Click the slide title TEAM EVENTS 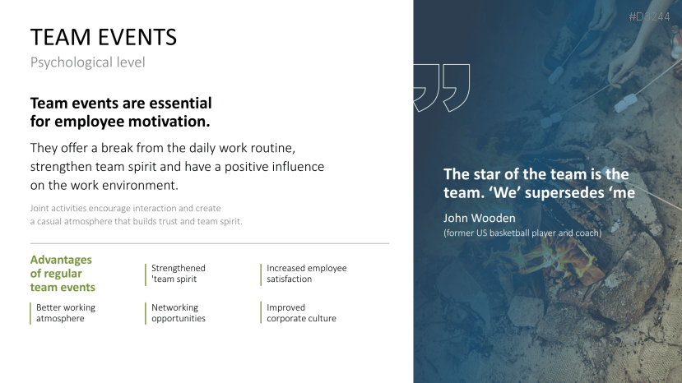(x=104, y=37)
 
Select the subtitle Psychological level (x=87, y=62)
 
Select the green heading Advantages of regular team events (x=63, y=274)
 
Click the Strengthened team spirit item (x=179, y=274)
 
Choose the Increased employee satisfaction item (x=307, y=274)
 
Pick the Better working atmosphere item (x=66, y=313)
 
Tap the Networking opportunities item (x=179, y=313)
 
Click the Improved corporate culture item (x=301, y=313)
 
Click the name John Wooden (x=480, y=218)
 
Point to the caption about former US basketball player (x=522, y=233)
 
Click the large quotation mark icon (x=442, y=88)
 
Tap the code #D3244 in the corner (x=649, y=17)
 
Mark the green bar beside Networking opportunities (x=146, y=313)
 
